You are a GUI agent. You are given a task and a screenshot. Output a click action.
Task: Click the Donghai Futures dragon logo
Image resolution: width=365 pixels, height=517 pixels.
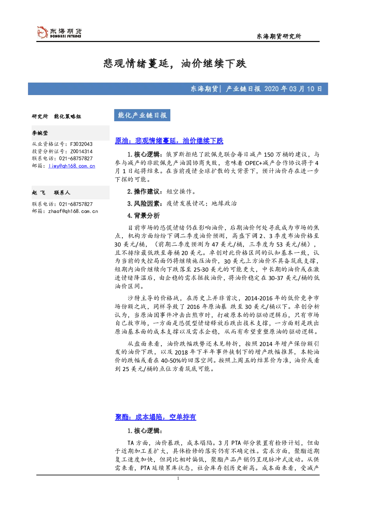coord(42,32)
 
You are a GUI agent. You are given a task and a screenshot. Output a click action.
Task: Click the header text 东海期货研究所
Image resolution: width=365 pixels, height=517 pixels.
coord(279,36)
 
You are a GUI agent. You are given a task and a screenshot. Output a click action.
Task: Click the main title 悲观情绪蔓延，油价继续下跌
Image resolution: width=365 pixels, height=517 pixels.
coord(175,63)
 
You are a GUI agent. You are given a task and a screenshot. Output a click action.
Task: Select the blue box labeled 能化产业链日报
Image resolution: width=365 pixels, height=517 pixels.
coord(142,115)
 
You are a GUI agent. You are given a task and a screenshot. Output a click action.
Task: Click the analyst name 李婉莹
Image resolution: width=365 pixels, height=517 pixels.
coord(40,133)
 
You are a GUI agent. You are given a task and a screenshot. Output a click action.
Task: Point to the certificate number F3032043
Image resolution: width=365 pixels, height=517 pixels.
coord(81,144)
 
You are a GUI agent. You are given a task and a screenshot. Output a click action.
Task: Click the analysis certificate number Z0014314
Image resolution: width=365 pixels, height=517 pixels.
coord(81,151)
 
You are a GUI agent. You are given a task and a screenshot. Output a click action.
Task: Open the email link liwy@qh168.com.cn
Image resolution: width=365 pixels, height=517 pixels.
coord(72,166)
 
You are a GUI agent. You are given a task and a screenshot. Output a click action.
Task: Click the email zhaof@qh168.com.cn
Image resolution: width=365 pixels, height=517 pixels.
coord(73,211)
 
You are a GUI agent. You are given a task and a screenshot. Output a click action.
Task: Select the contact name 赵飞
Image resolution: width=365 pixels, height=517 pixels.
coord(39,192)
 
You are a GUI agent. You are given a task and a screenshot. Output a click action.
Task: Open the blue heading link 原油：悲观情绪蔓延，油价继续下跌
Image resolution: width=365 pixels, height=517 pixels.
coord(169,140)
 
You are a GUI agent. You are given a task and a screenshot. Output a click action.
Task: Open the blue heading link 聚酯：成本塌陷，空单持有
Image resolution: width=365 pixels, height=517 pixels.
coord(156,417)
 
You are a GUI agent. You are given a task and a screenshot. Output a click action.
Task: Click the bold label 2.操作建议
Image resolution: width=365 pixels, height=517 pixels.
coord(143,191)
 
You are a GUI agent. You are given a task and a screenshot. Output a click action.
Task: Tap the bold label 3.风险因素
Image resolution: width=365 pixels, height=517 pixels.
coord(143,203)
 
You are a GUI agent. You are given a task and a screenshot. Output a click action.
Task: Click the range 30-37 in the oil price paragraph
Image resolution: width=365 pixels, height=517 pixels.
coord(276,278)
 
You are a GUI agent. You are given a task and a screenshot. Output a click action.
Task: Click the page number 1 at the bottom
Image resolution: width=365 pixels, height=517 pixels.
coord(178,478)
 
